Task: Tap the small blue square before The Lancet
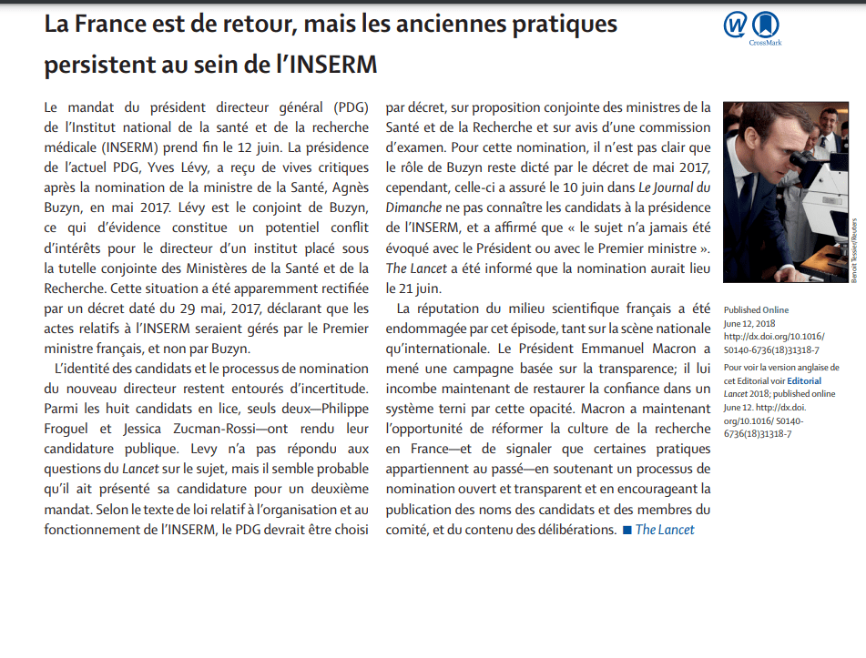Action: [x=627, y=530]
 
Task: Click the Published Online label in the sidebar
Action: [x=756, y=310]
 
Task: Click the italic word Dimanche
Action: [x=415, y=208]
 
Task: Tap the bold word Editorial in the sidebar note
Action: [x=804, y=381]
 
